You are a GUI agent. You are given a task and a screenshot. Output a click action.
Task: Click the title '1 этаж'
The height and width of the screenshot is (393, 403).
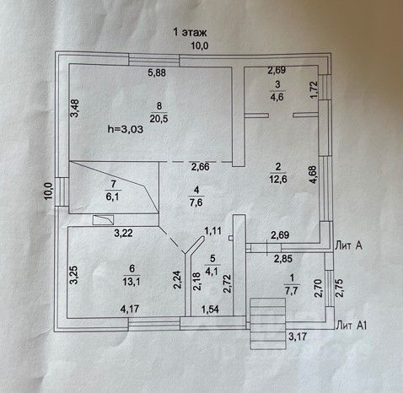[x=190, y=33]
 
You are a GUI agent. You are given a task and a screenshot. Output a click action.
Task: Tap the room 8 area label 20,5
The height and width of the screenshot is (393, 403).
[x=159, y=119]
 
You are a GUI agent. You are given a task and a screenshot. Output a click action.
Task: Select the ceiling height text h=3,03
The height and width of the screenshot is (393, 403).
[x=126, y=129]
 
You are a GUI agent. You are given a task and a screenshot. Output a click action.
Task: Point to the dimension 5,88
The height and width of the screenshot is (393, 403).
[x=157, y=73]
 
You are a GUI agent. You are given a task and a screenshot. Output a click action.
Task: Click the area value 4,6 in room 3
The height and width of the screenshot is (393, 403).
[x=277, y=97]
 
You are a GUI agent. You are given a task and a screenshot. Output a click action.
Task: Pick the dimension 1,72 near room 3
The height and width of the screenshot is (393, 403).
[x=314, y=90]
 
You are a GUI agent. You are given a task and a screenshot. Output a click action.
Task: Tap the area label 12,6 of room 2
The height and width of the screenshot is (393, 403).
[x=278, y=179]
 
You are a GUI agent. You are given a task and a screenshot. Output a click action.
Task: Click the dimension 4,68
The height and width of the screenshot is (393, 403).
[x=313, y=175]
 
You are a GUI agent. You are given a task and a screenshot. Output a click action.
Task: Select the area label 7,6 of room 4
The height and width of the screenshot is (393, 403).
[x=196, y=202]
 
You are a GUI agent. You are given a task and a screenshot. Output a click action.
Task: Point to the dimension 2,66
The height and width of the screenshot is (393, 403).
[x=200, y=167]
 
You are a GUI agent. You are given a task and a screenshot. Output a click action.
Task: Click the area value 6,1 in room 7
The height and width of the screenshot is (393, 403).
[x=112, y=196]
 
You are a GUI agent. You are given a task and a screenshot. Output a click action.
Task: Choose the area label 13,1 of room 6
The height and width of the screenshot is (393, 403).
[x=132, y=281]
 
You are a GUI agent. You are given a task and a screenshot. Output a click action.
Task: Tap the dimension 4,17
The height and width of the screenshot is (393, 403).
[x=130, y=309]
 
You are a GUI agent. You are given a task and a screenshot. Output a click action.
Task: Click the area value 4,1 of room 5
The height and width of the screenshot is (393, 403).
[x=212, y=272]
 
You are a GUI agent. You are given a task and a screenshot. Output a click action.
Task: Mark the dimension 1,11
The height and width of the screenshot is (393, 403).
[x=212, y=231]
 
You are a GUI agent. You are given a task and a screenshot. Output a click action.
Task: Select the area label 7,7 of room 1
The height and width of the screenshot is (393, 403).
[x=292, y=290]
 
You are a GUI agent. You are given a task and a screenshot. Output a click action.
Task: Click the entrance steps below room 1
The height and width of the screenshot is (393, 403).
[x=267, y=324]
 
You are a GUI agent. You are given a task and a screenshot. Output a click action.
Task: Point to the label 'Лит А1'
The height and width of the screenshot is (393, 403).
[x=352, y=326]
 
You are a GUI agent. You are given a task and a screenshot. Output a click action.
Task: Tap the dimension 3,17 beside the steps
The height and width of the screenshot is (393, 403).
[x=298, y=336]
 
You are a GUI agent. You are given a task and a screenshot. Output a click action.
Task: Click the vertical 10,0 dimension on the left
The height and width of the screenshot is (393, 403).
[x=48, y=191]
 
